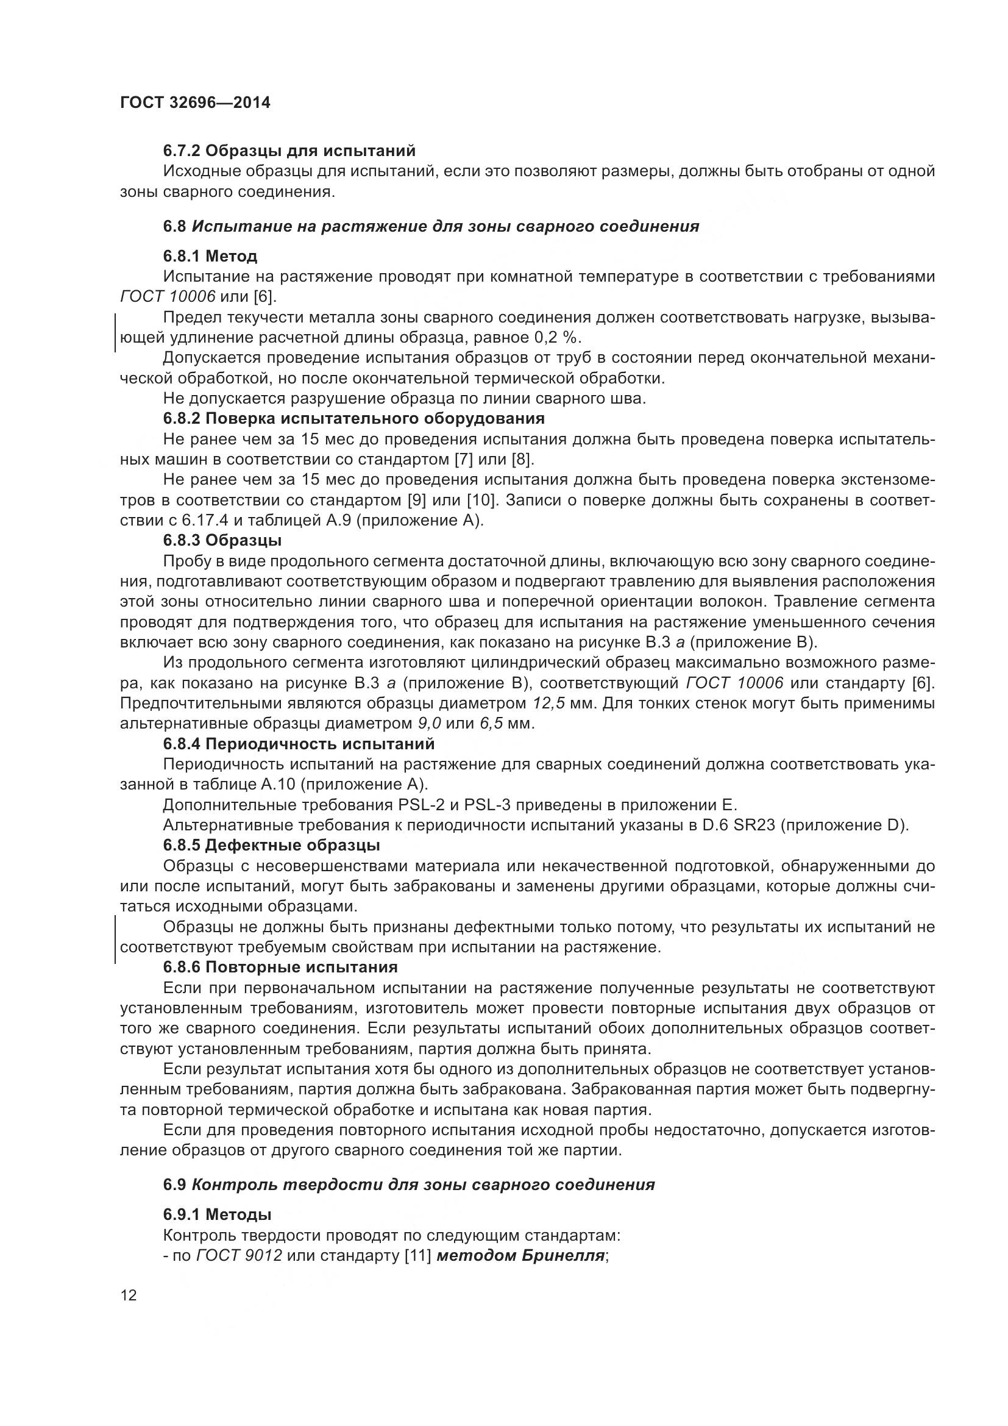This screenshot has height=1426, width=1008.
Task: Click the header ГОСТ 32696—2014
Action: click(195, 103)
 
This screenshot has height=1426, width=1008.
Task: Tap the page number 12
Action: click(129, 1296)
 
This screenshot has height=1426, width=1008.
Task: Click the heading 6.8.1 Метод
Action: click(210, 256)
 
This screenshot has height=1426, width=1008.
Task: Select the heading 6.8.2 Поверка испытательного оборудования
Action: click(354, 419)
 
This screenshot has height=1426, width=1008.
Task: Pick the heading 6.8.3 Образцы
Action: click(222, 540)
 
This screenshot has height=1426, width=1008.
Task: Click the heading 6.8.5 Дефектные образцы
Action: click(271, 845)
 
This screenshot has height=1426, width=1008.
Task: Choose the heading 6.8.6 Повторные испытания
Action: click(280, 968)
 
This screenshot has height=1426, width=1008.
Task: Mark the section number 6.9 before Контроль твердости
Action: click(174, 1185)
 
